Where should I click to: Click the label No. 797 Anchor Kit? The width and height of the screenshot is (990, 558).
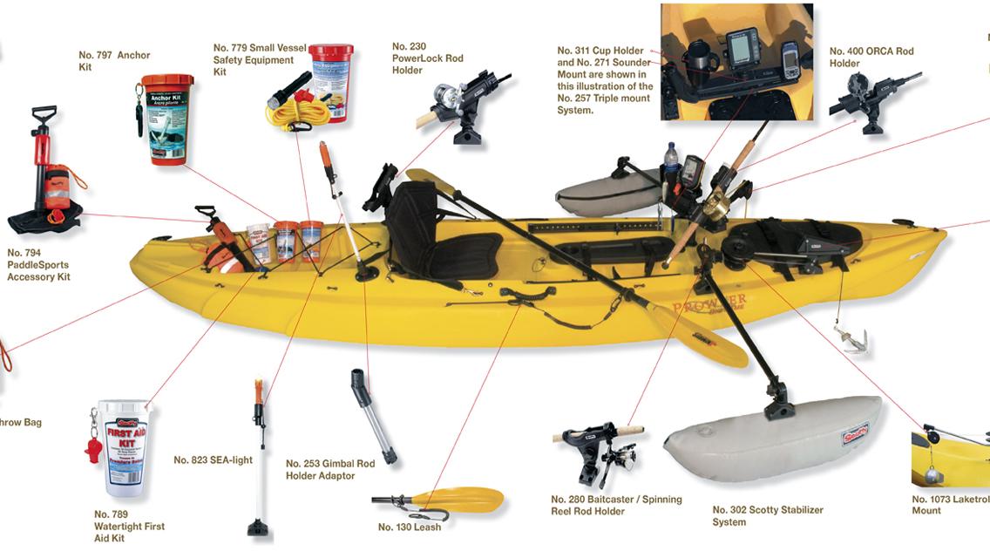coord(114,61)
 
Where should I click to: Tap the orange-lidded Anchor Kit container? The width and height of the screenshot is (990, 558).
coord(166,119)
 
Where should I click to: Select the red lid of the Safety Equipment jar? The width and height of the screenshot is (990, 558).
coord(331,52)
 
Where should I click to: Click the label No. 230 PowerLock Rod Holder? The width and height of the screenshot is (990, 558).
coord(427,58)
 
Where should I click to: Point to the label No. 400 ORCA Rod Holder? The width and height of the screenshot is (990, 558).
coord(871,58)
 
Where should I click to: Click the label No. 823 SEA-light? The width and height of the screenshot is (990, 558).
coord(213,460)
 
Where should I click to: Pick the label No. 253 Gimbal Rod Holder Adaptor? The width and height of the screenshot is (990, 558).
coord(330,470)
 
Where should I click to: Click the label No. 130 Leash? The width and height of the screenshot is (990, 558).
coord(410,527)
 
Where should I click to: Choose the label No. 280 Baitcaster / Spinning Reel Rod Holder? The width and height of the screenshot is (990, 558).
coord(615,506)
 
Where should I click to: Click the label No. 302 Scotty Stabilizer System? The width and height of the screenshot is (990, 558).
coord(767,516)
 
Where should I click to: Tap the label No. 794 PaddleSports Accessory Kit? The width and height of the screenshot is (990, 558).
coord(37,264)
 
